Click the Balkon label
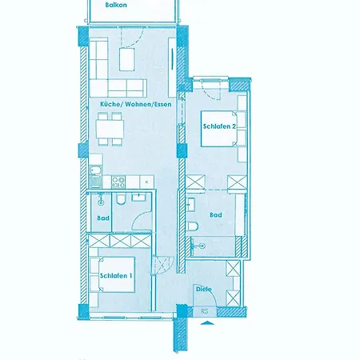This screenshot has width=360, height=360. (116, 5)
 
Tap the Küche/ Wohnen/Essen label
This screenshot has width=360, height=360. (136, 104)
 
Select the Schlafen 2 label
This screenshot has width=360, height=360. (219, 126)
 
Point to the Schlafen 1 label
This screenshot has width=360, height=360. (116, 276)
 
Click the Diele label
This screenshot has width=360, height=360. (204, 289)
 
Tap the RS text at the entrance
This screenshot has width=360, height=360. (205, 311)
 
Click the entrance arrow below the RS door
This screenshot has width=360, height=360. (207, 323)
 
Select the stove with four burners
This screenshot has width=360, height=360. (118, 182)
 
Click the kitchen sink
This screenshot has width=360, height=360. (96, 177)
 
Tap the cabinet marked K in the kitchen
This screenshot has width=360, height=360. (146, 182)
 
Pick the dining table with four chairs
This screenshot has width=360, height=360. (110, 129)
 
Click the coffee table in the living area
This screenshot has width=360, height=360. (126, 59)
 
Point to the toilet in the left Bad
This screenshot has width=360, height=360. (121, 199)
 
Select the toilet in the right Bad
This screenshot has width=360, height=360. (192, 226)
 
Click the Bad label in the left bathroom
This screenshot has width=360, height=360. (103, 218)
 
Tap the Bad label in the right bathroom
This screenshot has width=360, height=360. (216, 214)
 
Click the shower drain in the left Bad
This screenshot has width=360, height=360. (101, 202)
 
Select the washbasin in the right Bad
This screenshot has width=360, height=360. (190, 205)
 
